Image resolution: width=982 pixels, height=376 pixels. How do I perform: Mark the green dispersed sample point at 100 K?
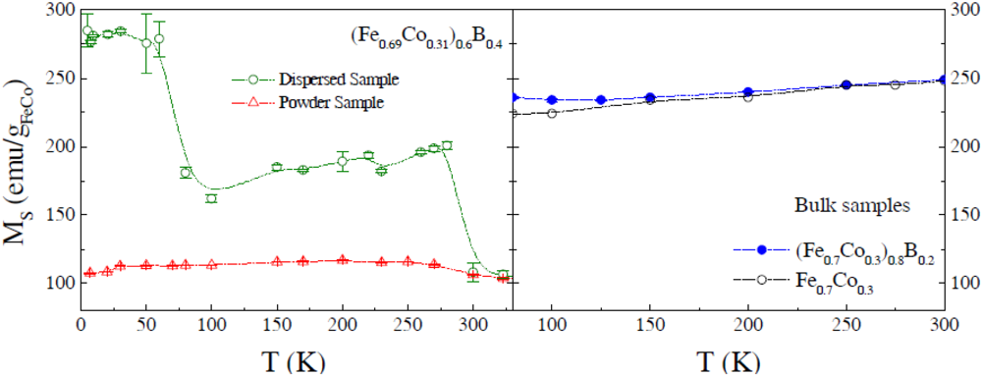pos(211,198)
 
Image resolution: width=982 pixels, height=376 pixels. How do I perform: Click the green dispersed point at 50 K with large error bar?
pos(146,43)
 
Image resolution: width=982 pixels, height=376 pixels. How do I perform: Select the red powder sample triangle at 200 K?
pos(343,259)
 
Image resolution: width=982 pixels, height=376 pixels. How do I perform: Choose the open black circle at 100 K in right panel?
pos(552,113)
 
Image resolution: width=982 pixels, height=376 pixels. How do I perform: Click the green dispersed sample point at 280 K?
pos(447,145)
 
